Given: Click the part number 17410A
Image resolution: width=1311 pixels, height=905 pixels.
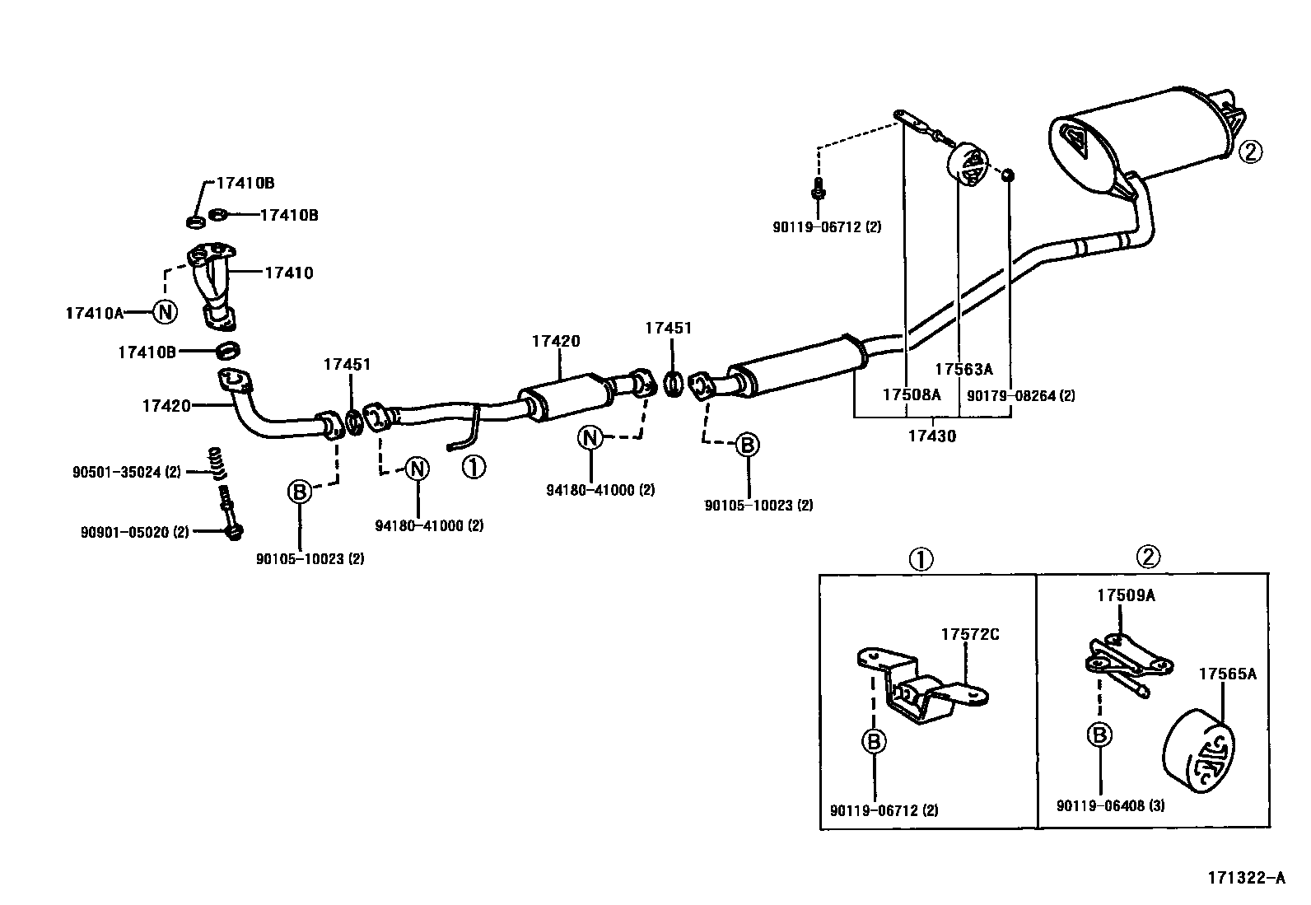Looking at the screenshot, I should [93, 313].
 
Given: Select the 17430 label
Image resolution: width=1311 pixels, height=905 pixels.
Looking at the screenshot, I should [932, 436].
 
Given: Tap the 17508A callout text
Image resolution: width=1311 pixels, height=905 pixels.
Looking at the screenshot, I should [911, 394].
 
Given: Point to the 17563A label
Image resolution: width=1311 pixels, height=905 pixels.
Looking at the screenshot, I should [963, 370].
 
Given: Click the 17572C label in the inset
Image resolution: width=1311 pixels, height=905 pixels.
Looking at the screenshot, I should [970, 634].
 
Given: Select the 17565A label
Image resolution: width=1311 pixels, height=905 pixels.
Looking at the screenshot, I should [1227, 674].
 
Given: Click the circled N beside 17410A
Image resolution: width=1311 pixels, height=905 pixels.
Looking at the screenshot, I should [165, 312].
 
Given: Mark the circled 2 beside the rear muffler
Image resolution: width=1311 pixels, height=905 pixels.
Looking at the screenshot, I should [1249, 152].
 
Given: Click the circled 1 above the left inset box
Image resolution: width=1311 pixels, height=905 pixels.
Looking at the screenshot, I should [920, 560].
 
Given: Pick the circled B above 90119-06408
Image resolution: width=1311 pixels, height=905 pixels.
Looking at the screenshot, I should [1101, 735].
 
